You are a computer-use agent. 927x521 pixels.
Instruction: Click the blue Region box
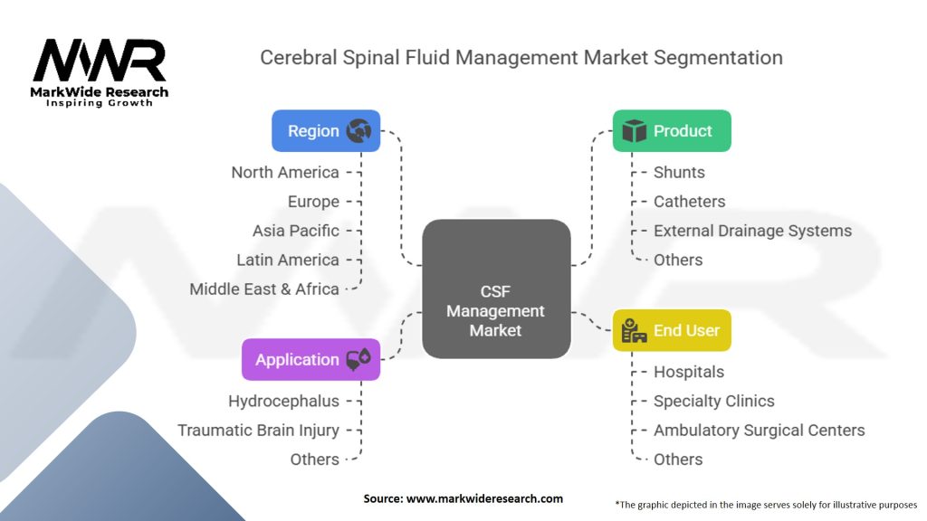[326, 131]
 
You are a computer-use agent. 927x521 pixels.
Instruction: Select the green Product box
[671, 131]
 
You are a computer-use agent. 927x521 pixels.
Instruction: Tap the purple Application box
[311, 359]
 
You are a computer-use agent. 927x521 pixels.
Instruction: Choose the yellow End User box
[671, 330]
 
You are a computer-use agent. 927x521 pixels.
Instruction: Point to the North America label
[285, 172]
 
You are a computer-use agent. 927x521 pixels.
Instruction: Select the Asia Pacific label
[296, 231]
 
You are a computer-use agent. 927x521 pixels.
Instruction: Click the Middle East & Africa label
[264, 289]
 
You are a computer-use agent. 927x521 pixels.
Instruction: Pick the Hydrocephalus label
[283, 401]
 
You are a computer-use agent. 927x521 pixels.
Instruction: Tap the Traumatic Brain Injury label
[258, 431]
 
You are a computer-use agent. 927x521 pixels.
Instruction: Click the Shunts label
[679, 172]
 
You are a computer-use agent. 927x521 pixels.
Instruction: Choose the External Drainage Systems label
[752, 231]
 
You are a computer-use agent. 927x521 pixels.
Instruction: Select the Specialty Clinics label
[714, 401]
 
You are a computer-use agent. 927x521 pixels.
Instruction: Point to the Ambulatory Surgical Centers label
[759, 431]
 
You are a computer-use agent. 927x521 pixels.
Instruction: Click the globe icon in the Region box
[359, 131]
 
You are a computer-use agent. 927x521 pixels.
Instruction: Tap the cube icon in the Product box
[635, 131]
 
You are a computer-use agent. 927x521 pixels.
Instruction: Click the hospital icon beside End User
[634, 331]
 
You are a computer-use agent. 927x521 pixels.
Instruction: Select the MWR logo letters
[100, 62]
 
